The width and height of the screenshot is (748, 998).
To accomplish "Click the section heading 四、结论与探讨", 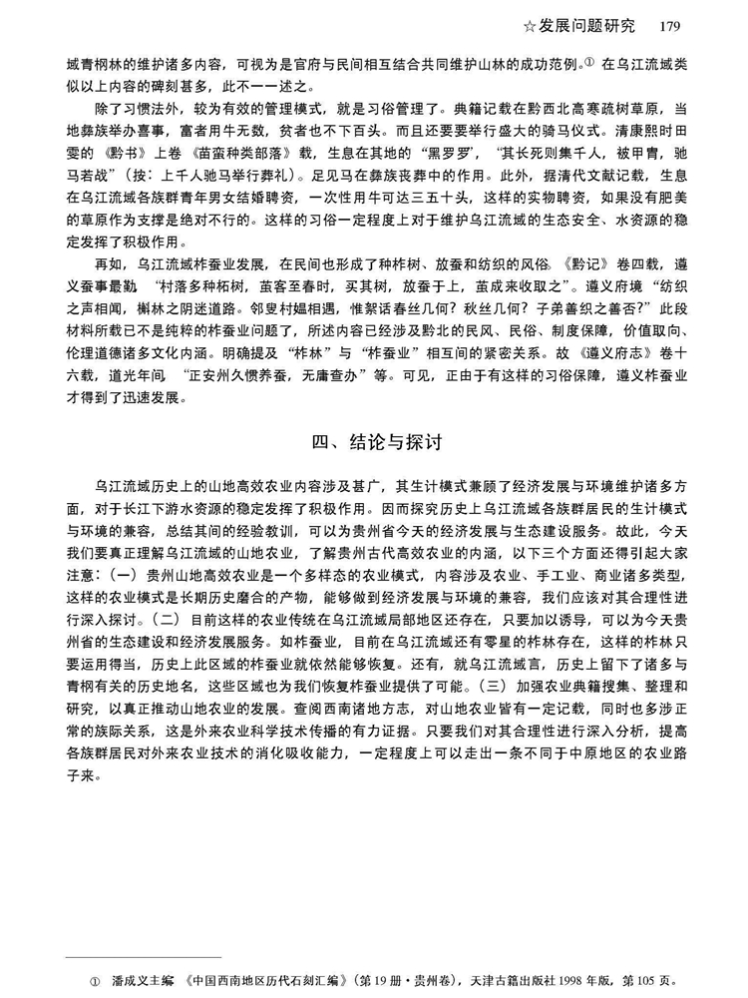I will point(374,439).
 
